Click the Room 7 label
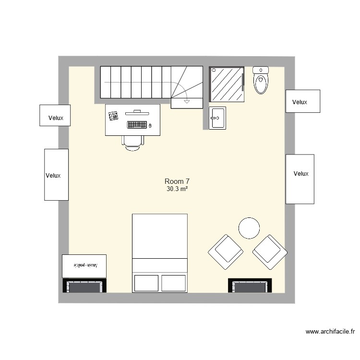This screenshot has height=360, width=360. tap(177, 181)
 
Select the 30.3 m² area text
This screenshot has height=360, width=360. tap(177, 190)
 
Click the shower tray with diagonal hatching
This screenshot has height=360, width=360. tap(227, 84)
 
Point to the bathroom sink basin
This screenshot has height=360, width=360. tap(217, 118)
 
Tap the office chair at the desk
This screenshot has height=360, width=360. tap(133, 143)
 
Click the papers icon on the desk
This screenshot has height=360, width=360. tap(114, 116)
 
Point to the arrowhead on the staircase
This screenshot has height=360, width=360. tap(186, 101)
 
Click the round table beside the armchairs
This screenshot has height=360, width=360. tap(250, 228)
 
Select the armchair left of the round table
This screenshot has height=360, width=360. tap(225, 252)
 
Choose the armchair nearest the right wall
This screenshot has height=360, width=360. tap(270, 252)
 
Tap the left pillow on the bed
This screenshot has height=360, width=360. tap(146, 283)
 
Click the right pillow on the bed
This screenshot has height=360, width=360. tap(173, 283)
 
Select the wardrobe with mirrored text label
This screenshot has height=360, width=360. tap(84, 265)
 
